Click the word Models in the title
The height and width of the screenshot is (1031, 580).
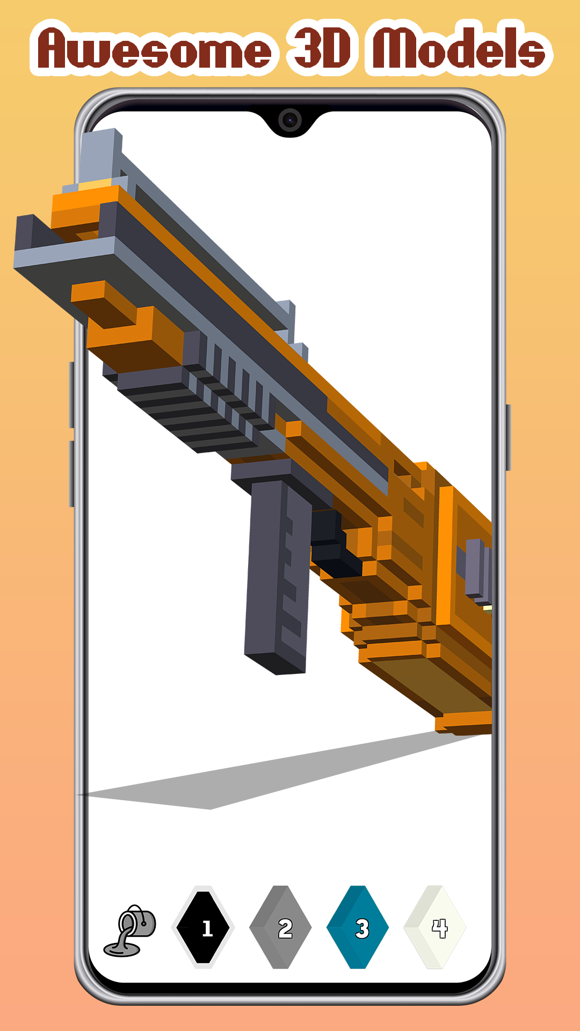coord(459,49)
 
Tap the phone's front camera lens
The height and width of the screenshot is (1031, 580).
coord(290,120)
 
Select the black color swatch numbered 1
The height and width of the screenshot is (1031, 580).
coord(203,927)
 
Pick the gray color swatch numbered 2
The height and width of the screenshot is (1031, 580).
coord(280,927)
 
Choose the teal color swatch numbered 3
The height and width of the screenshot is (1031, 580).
coord(358,927)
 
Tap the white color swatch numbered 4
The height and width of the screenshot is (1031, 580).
coord(435,927)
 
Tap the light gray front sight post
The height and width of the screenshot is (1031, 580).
coord(100,156)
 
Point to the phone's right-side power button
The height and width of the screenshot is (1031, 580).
coord(508,438)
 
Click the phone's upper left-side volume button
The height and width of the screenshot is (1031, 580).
coord(71,395)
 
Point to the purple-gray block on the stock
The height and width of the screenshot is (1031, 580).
coord(477,568)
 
